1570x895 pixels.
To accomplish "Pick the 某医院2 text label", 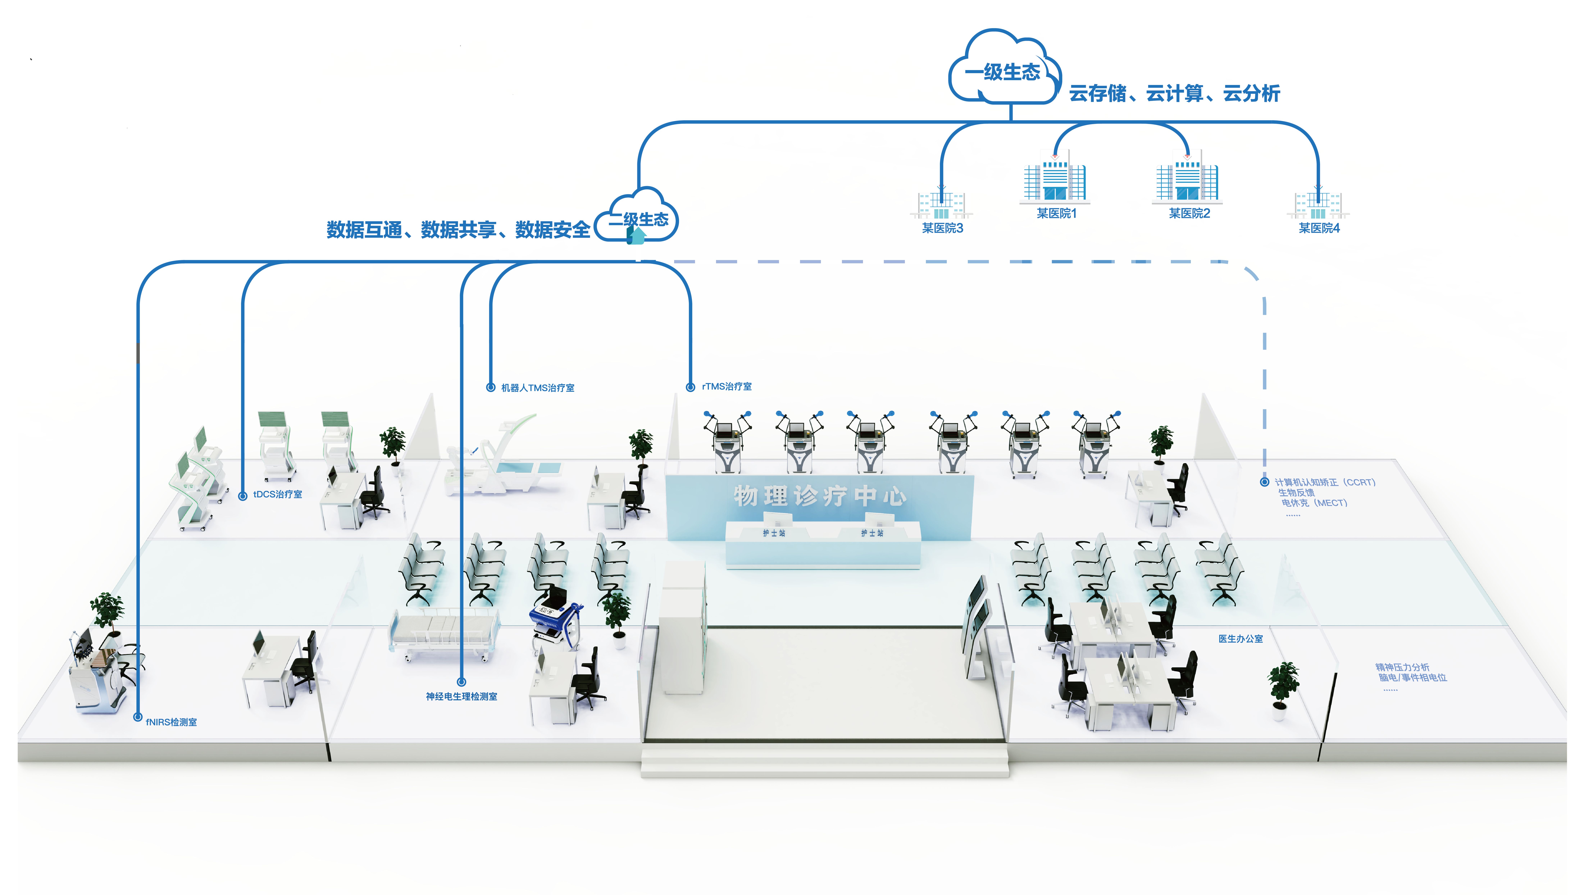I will point(1189,213).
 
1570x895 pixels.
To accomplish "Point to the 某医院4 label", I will point(1319,228).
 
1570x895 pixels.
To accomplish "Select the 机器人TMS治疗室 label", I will point(538,388).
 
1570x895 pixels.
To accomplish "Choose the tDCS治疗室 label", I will point(277,494).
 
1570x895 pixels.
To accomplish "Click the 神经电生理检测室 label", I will point(461,696).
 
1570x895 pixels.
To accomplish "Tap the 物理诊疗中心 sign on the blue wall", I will point(819,495).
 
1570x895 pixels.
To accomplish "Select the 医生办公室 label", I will point(1240,639).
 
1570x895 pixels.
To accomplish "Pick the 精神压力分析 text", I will point(1402,667).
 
